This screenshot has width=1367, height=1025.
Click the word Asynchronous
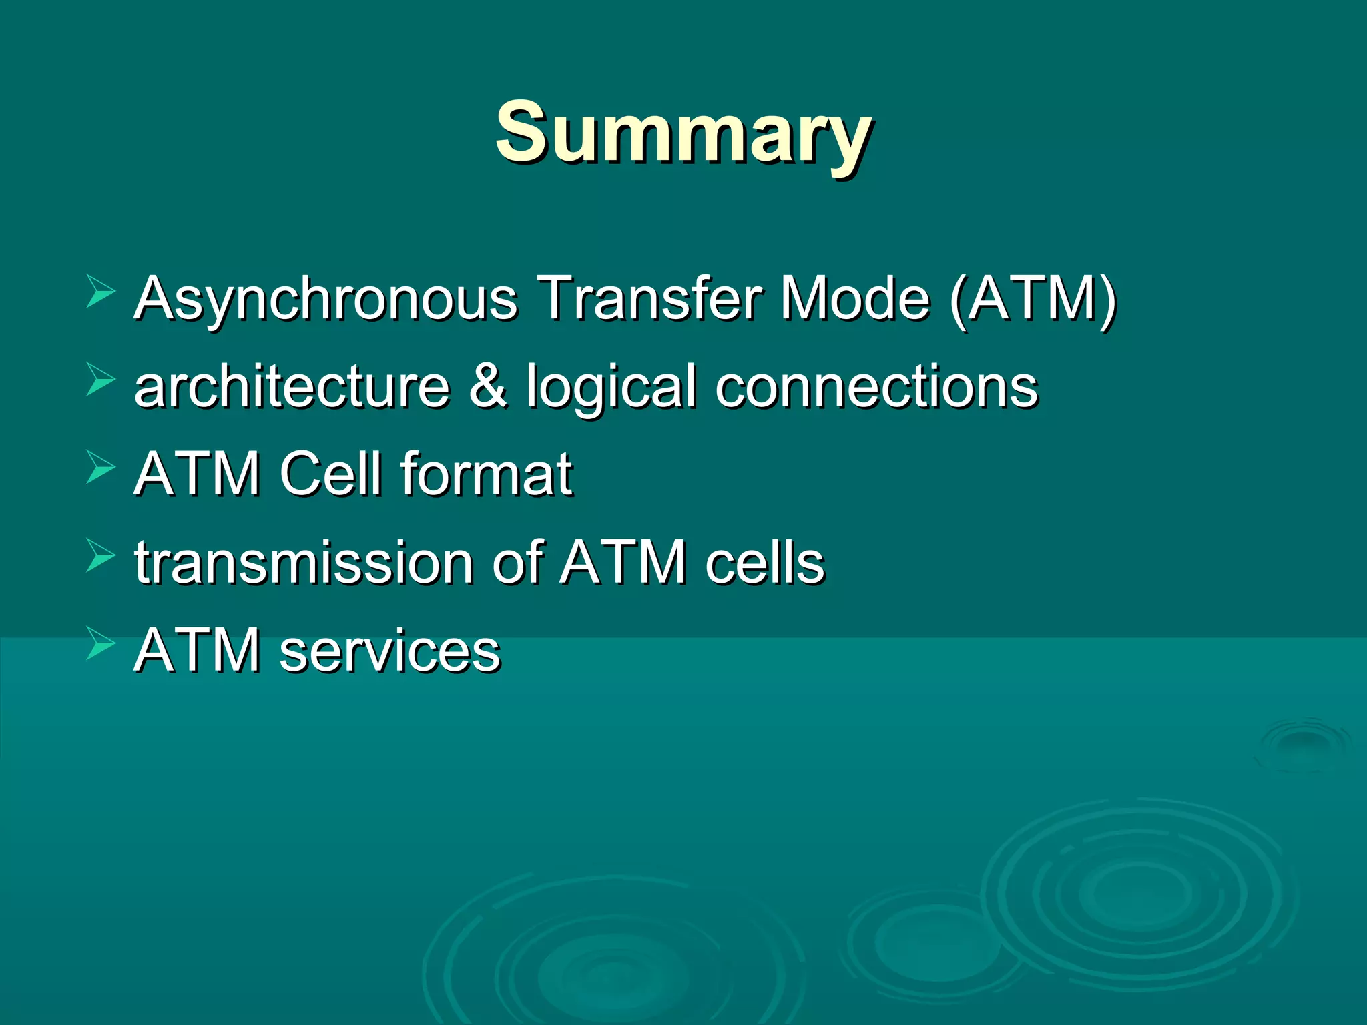[x=326, y=298]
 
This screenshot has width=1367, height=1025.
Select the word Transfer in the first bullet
[x=651, y=298]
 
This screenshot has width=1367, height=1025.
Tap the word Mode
[x=856, y=298]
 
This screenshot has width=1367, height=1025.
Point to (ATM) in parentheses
[x=1033, y=298]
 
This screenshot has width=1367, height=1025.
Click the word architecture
[x=292, y=387]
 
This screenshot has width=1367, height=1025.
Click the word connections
[x=876, y=387]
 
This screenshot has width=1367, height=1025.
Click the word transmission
[x=303, y=563]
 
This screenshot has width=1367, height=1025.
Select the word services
[x=390, y=651]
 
